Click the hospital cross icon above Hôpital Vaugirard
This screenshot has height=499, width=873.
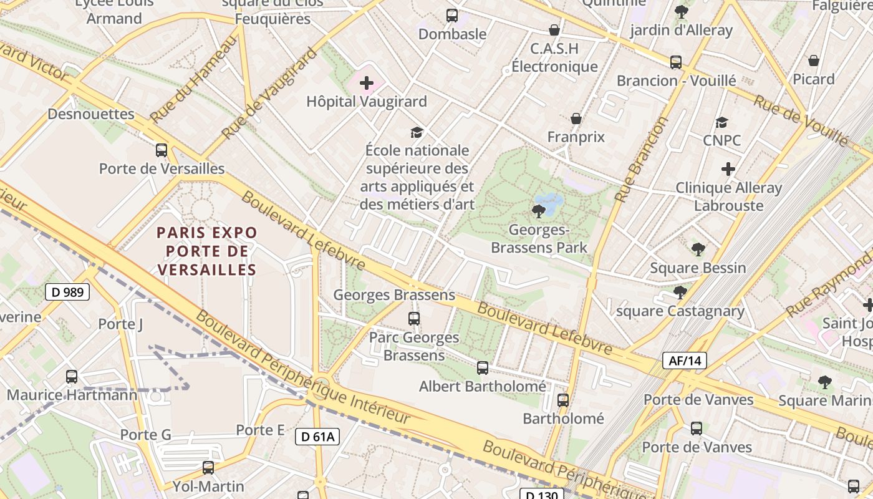[x=367, y=83]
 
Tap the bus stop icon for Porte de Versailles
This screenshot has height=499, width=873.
[x=162, y=150]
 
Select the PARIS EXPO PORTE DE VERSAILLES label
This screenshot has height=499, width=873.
[x=206, y=251]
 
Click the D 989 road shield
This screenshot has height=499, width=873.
[x=67, y=292]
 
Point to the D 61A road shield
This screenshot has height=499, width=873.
[x=317, y=437]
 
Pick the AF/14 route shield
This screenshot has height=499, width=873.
[x=684, y=360]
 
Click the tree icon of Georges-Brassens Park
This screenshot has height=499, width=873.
[x=538, y=211]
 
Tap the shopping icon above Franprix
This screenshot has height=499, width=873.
[x=576, y=119]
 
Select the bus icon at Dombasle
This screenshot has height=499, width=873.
[x=452, y=16]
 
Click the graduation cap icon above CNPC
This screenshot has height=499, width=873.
[x=721, y=122]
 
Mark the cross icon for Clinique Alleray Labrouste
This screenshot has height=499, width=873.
[x=728, y=169]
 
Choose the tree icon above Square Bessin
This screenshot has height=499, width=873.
[x=698, y=249]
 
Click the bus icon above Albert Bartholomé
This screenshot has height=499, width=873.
[x=482, y=368]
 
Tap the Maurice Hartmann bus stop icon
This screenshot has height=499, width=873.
[x=72, y=377]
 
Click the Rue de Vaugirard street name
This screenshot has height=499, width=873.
[x=269, y=94]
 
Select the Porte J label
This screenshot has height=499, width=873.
[x=120, y=324]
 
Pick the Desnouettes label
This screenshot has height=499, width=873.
[x=91, y=114]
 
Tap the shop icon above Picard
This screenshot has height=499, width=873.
[x=814, y=61]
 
